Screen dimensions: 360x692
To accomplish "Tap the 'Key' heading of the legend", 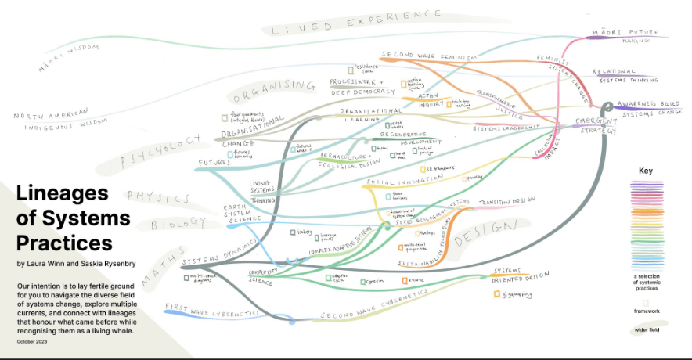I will point(645,170).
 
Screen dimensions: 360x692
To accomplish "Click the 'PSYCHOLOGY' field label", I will point(157,149).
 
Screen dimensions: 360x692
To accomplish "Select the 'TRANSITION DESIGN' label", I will point(506,201).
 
